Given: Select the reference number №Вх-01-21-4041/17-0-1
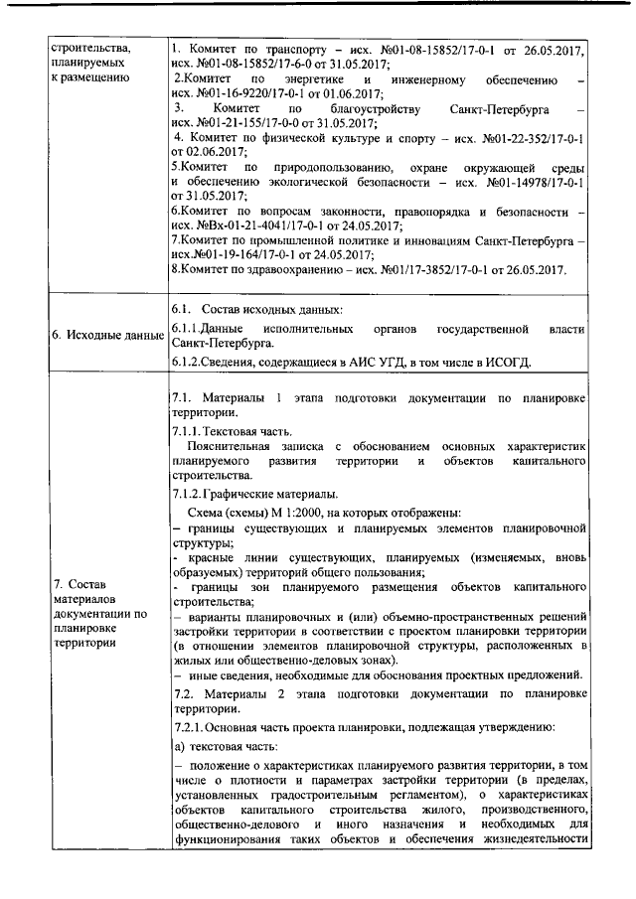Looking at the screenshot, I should click(x=262, y=226).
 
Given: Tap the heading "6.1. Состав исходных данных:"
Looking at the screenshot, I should click(x=255, y=311).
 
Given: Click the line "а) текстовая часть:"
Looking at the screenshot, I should click(x=222, y=746).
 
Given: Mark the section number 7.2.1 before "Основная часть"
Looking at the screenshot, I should click(x=189, y=727).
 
